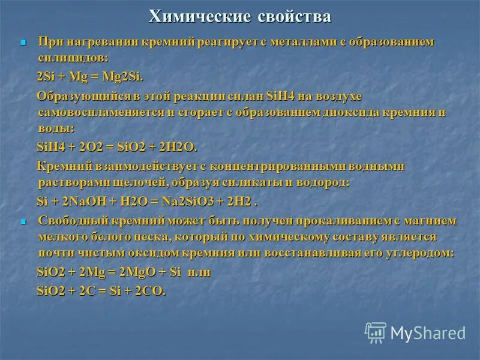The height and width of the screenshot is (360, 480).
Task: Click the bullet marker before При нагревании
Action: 24,44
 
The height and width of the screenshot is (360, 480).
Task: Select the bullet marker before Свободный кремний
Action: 24,221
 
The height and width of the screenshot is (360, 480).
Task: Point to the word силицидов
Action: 72,59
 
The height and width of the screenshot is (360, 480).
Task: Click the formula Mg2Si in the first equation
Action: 127,77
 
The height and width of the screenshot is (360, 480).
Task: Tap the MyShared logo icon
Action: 376,332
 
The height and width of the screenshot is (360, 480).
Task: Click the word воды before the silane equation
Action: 56,128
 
